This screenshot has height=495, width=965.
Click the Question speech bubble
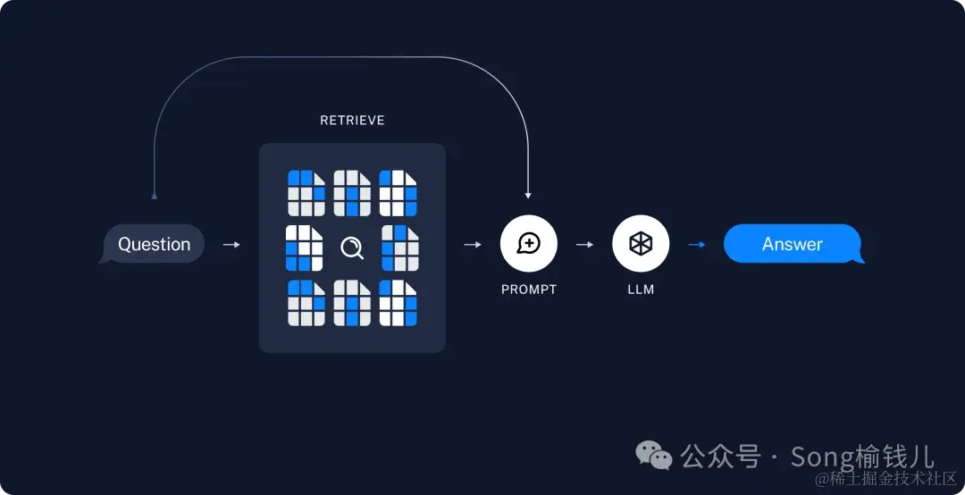point(154,244)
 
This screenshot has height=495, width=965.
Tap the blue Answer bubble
point(793,244)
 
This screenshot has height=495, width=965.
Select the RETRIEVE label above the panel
point(352,120)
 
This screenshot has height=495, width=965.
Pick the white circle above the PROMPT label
point(528,244)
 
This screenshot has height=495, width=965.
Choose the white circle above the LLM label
point(641,244)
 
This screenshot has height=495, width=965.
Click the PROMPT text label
point(528,289)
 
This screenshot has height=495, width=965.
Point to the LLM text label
point(641,289)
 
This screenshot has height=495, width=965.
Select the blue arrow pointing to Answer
point(696,244)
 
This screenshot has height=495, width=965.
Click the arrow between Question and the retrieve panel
point(231,244)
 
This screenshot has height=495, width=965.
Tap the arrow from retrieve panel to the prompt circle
point(473,244)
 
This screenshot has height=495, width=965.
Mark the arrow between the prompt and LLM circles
point(584,244)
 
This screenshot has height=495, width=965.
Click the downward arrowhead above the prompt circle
point(528,194)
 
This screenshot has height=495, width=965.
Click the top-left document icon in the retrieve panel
point(306,193)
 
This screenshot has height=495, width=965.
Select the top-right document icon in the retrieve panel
point(399,193)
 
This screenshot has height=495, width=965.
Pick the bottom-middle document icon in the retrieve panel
point(352,303)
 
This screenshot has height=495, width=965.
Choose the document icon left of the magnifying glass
point(304,247)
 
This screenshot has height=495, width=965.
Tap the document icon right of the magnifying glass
point(400,247)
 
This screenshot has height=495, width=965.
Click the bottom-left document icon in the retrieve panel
point(306,303)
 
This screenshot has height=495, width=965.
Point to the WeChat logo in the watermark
point(654,457)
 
